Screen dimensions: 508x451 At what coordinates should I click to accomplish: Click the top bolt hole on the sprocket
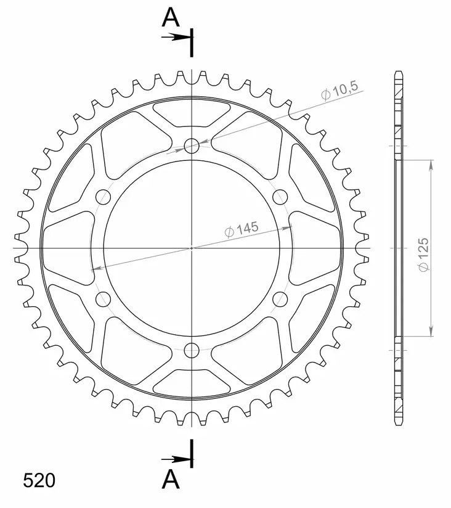click(x=192, y=146)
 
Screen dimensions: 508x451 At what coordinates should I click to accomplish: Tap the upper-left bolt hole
click(x=103, y=197)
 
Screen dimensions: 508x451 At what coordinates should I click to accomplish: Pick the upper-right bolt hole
click(x=280, y=197)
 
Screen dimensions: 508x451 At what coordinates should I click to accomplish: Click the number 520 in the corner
click(x=38, y=480)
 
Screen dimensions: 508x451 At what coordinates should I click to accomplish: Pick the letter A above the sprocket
click(x=171, y=18)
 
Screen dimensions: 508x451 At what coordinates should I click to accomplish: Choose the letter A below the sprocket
click(x=171, y=478)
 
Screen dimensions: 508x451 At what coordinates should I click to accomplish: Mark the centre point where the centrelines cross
click(x=192, y=248)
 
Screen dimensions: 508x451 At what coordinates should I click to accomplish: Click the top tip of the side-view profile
click(x=398, y=73)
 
